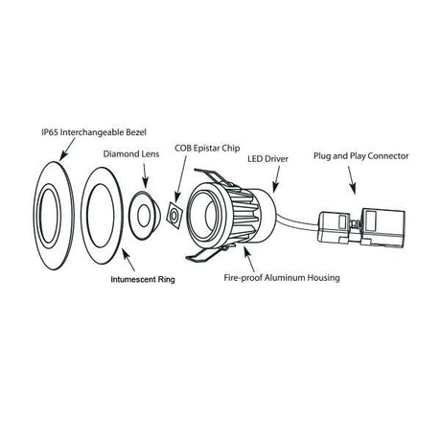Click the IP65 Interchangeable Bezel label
94,132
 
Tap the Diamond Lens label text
131,153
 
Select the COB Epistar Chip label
207,149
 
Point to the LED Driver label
267,158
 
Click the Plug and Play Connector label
360,156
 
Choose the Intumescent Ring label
143,279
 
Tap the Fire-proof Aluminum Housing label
282,277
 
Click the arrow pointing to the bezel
67,149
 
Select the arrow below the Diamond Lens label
145,175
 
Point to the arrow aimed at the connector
352,180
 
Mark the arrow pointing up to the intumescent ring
128,260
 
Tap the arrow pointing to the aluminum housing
249,259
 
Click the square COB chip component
174,215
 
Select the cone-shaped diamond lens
143,215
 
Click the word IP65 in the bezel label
50,132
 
